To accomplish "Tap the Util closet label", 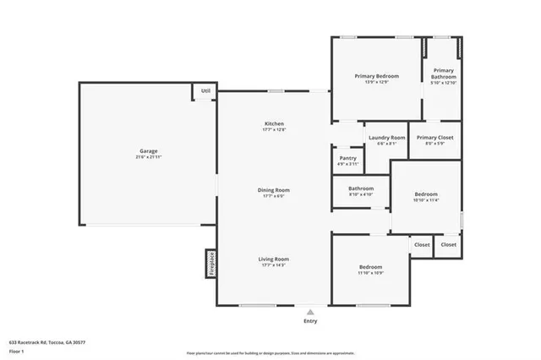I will click(x=205, y=90).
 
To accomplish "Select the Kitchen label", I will click(x=274, y=124).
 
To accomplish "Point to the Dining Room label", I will click(x=274, y=190).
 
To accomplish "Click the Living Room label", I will click(x=275, y=259).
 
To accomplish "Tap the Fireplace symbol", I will click(x=211, y=263).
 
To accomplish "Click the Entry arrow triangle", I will click(x=310, y=311).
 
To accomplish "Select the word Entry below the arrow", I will click(x=310, y=321).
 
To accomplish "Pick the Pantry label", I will click(x=347, y=157).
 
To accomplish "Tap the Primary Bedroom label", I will click(x=375, y=76).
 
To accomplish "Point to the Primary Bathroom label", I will click(x=444, y=74).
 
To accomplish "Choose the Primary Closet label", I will click(x=435, y=138).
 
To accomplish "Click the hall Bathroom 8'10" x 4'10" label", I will click(x=361, y=188).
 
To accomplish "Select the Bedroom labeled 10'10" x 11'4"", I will click(x=425, y=194).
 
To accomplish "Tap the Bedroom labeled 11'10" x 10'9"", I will click(x=370, y=267).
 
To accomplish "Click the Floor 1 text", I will click(x=17, y=350).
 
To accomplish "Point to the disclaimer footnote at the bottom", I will click(x=270, y=353).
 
